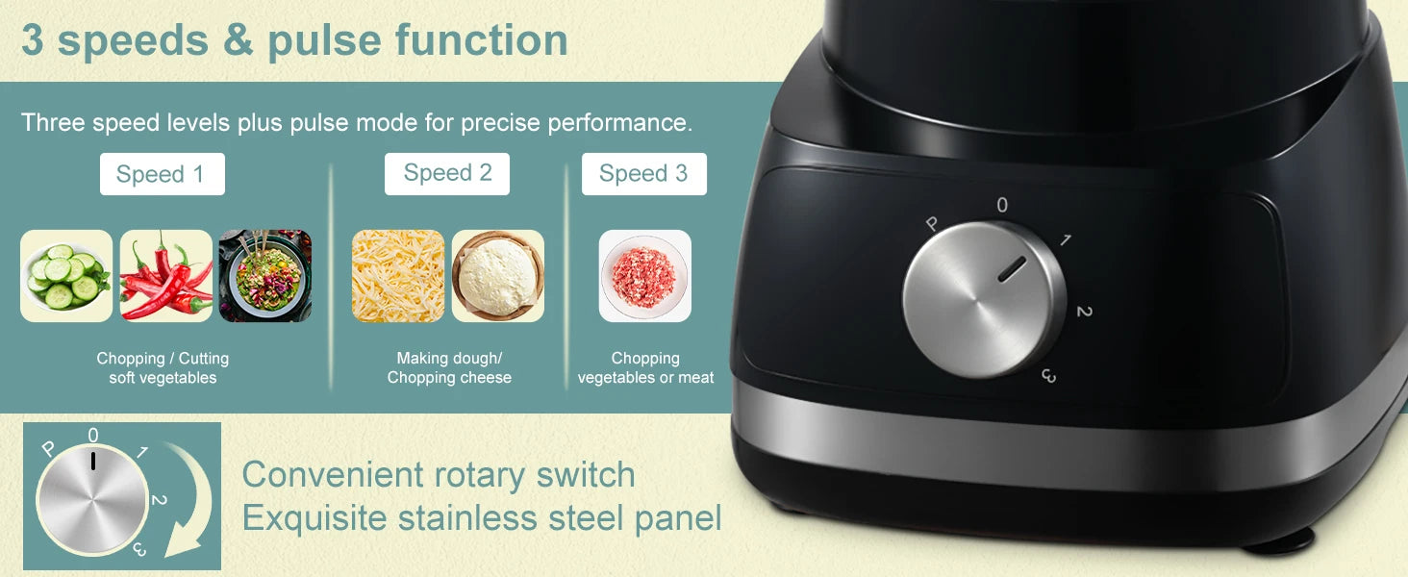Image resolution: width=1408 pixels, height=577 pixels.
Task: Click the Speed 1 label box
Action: tap(162, 174)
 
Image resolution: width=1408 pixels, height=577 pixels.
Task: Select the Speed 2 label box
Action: tap(447, 173)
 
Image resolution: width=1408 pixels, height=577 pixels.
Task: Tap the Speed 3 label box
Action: tap(643, 173)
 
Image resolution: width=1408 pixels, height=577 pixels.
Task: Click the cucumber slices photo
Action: tap(66, 276)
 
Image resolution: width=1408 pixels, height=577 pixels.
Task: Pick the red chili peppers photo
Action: tap(166, 276)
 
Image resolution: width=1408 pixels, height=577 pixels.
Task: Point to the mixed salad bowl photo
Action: tap(265, 276)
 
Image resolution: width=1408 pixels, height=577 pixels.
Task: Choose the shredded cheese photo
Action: tap(398, 276)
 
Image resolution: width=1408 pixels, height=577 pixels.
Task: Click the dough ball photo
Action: tap(498, 276)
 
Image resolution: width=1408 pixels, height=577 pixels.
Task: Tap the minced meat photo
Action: tap(644, 276)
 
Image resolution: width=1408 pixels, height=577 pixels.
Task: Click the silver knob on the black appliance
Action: tap(983, 299)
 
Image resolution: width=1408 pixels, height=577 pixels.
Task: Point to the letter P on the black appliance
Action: tap(931, 224)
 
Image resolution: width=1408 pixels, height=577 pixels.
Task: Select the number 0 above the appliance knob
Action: tap(1002, 205)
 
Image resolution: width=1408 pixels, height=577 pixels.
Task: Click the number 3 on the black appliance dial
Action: tap(1048, 376)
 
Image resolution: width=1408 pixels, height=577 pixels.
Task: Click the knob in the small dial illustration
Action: tap(91, 498)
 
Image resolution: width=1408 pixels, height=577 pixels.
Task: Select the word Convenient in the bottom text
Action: tap(332, 474)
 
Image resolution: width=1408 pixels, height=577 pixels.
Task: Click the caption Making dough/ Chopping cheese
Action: tap(449, 368)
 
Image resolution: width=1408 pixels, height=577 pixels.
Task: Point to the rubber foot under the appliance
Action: tap(1278, 544)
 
